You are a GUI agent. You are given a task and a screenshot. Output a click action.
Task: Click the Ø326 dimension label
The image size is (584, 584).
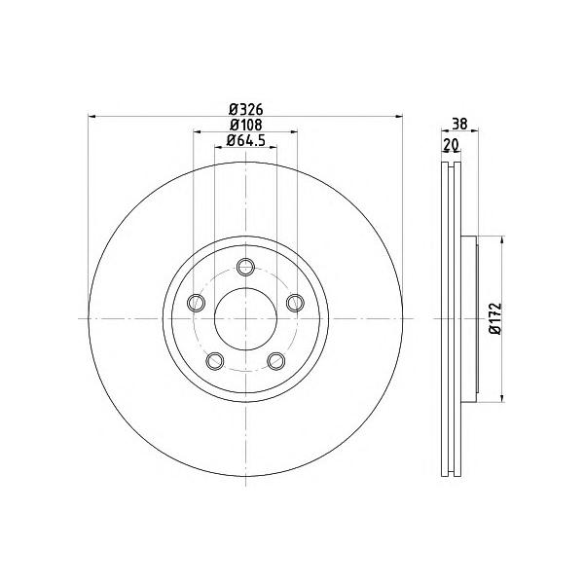246,109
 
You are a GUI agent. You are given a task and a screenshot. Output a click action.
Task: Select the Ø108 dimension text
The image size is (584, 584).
246,125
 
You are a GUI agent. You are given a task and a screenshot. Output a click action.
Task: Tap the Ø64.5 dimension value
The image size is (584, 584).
246,139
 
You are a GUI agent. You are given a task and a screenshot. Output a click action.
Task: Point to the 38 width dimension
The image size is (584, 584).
459,124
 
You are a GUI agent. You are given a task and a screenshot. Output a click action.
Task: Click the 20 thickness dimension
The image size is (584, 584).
451,144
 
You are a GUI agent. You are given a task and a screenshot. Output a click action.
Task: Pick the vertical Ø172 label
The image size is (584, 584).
496,319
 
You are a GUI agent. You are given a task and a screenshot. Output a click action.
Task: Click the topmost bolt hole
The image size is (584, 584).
246,267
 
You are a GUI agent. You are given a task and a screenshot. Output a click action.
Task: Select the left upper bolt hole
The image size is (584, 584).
196,303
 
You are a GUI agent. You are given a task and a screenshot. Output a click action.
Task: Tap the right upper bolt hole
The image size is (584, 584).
295,303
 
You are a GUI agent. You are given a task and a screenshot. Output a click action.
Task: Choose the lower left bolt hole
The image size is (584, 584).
215,361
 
